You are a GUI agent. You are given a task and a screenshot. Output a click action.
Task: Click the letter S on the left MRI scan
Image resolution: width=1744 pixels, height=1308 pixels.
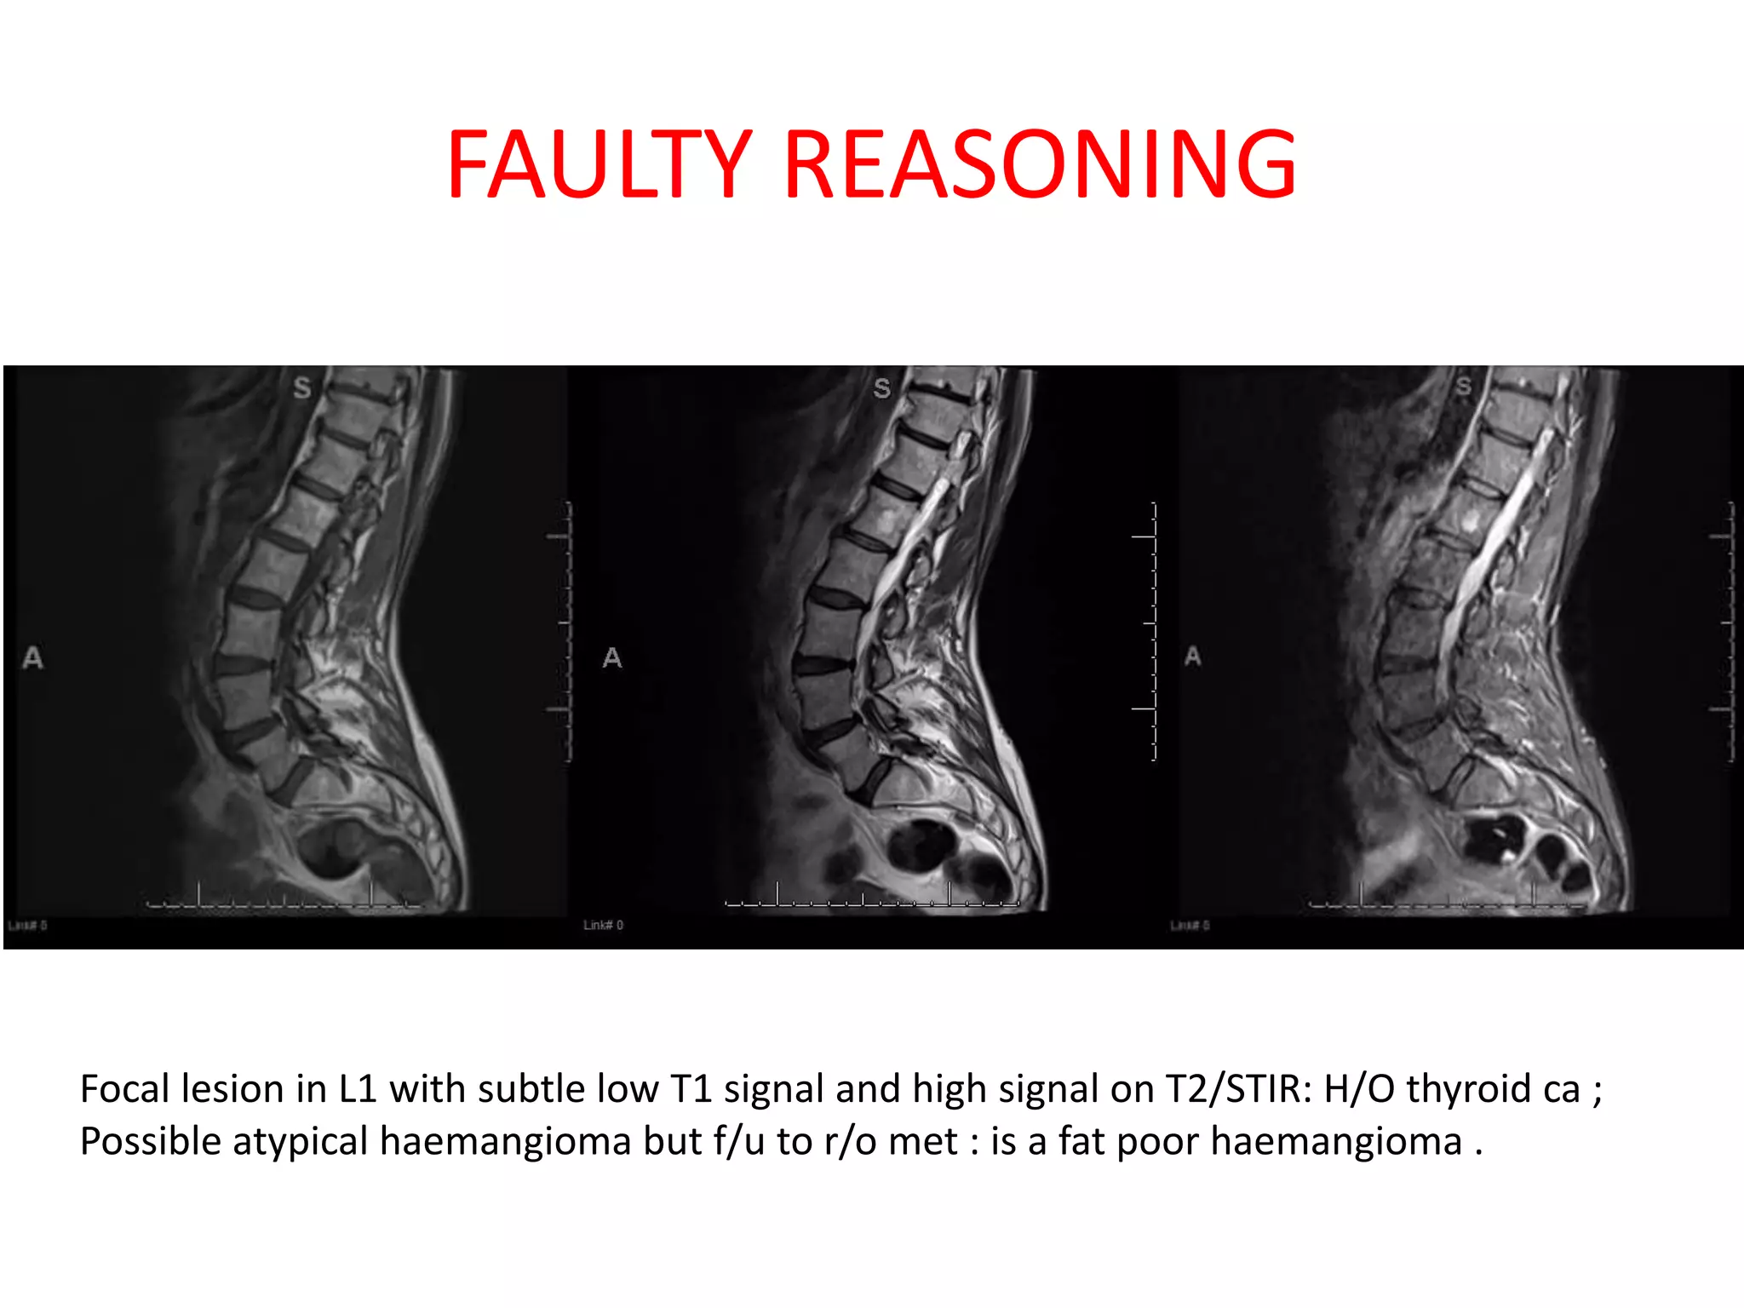click(301, 388)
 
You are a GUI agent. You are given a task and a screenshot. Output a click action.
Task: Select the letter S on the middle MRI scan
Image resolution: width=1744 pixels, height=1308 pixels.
click(881, 389)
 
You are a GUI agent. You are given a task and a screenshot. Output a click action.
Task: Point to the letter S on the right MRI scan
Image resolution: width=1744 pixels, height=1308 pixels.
click(1463, 387)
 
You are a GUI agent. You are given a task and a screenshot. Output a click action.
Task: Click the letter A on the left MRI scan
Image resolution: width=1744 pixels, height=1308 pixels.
click(32, 657)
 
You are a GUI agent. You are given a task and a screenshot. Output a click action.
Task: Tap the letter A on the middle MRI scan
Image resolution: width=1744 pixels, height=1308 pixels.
click(612, 657)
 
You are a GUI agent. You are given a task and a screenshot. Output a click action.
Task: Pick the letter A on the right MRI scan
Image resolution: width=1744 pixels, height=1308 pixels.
click(1192, 657)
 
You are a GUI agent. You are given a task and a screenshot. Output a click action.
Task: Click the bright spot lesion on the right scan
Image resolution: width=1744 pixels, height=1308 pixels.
click(1469, 519)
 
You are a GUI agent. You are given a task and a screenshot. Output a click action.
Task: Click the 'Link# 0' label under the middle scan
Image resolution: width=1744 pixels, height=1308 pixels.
click(603, 925)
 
